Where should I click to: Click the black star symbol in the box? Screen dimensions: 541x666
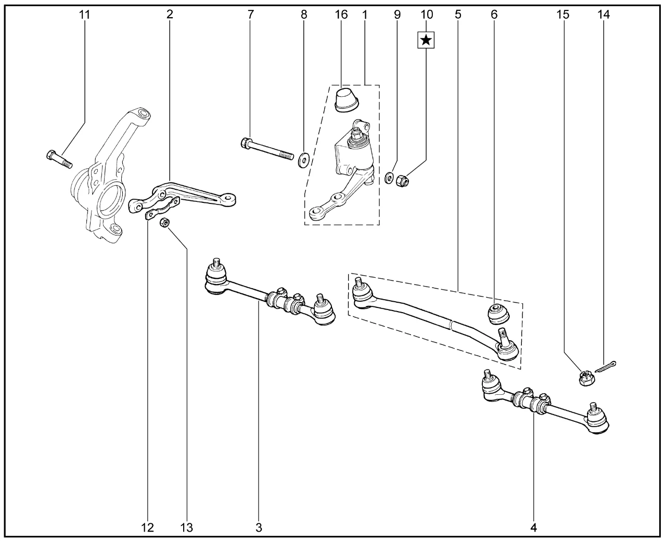[426, 40]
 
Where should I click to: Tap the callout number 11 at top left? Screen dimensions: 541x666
[84, 15]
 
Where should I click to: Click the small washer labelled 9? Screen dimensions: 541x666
[389, 179]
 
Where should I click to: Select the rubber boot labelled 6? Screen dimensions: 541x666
[498, 313]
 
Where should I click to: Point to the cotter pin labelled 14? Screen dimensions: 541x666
[606, 366]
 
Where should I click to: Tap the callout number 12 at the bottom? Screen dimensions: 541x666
[147, 527]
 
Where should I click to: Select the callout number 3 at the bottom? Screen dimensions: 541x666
[259, 527]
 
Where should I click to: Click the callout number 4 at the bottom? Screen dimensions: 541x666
[533, 527]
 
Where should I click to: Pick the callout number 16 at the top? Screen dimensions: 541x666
[341, 15]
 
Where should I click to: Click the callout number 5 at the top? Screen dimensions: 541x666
[457, 15]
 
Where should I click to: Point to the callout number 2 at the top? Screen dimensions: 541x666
[170, 15]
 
